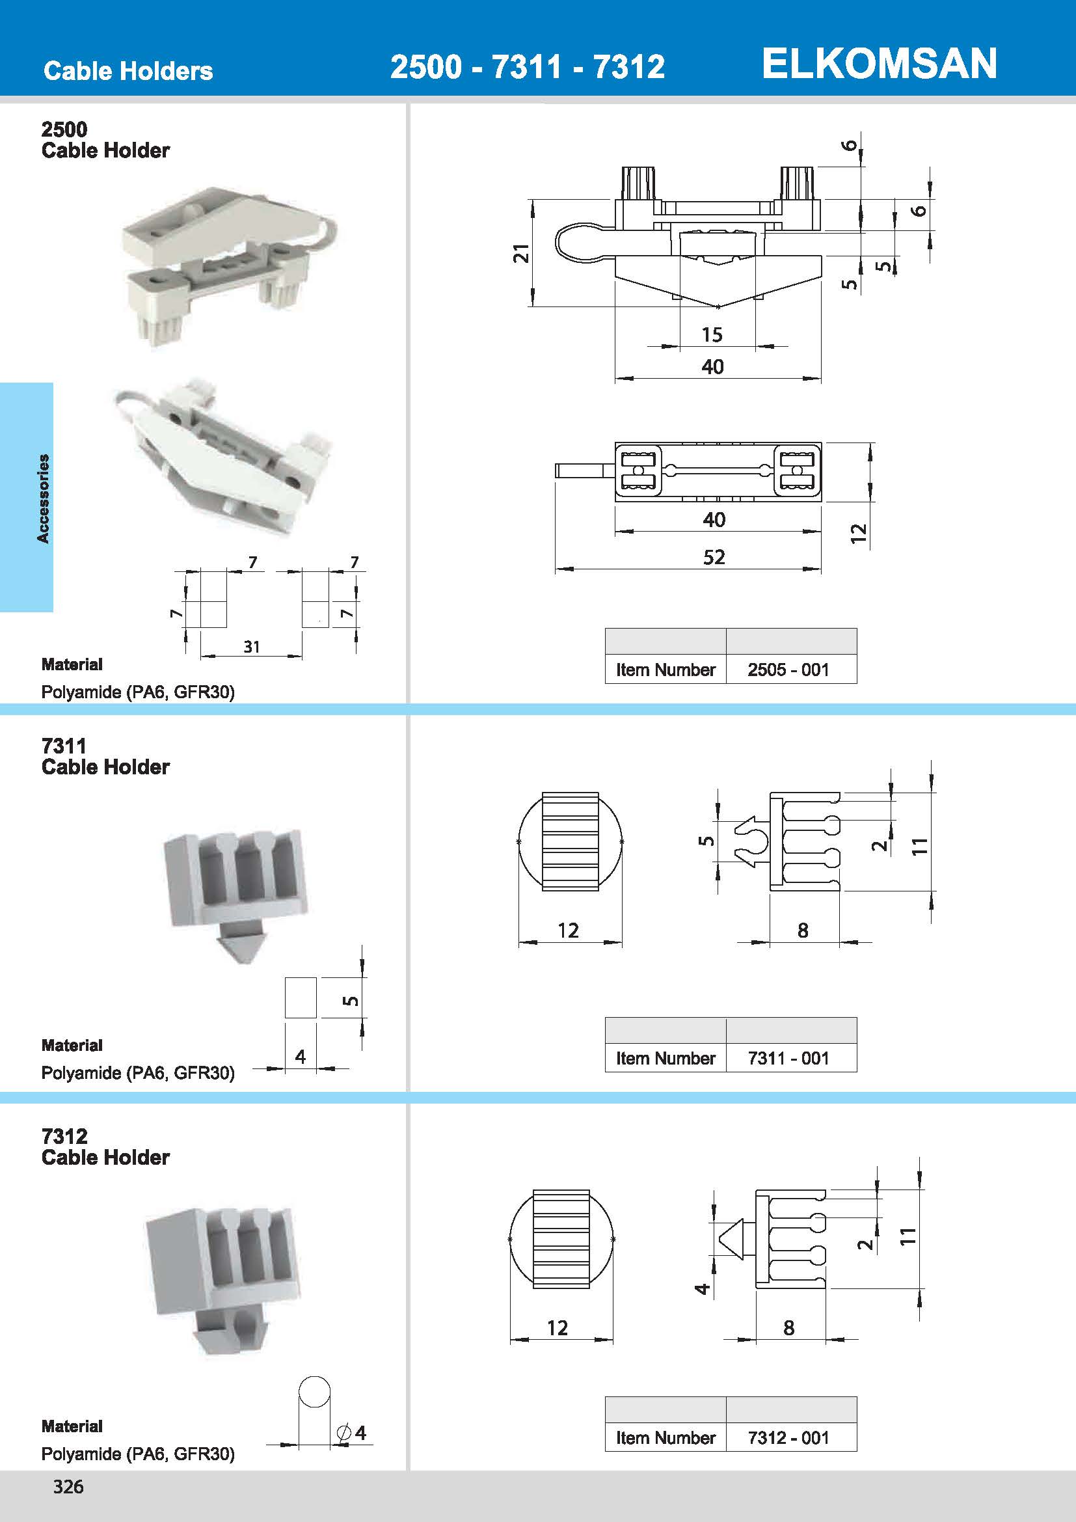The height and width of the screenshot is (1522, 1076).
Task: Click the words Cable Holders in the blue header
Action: pos(128,71)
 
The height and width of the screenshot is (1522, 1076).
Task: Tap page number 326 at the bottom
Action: pos(68,1486)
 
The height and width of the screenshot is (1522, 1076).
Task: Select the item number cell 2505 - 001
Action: pos(788,670)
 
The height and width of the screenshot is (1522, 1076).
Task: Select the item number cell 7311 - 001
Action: pos(788,1058)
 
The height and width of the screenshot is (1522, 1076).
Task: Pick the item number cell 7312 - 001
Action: pos(788,1437)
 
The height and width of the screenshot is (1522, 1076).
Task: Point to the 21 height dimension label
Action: pos(522,253)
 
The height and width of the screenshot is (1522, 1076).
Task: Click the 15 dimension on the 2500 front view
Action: pos(712,334)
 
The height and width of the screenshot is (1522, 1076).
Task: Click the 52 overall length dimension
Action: pos(714,557)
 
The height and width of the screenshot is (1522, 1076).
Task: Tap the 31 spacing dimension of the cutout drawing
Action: pos(251,646)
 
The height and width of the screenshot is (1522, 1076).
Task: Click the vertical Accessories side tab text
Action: pos(43,498)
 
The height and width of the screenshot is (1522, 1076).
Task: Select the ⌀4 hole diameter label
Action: pos(352,1432)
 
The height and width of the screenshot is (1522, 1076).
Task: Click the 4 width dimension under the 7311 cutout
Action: pos(300,1057)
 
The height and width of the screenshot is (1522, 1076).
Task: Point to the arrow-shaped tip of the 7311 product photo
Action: pos(237,948)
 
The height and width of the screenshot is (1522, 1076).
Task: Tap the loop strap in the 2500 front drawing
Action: pos(576,243)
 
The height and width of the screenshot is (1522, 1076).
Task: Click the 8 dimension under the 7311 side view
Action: pos(802,931)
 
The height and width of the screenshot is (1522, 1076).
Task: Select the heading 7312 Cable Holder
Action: pos(105,1147)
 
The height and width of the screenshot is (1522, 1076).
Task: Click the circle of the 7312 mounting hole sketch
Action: pos(314,1391)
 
